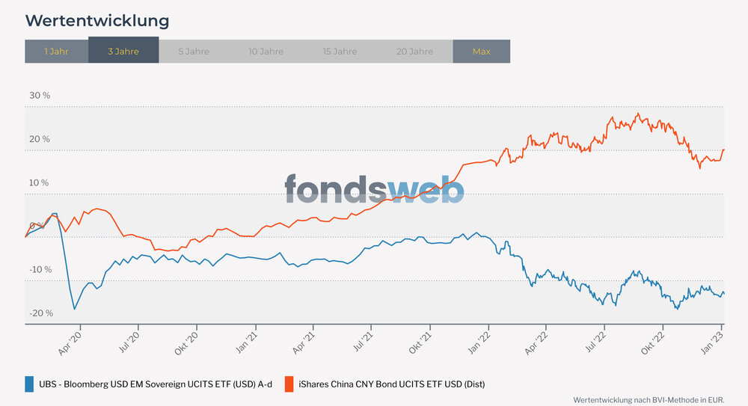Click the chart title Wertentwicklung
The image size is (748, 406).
coord(97,20)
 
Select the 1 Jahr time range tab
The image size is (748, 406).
coord(56,52)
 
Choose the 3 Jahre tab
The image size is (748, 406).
coord(123,52)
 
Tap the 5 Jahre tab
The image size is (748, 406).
coord(194,52)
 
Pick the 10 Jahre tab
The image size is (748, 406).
coord(266,52)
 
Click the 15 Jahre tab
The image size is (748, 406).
coord(340,52)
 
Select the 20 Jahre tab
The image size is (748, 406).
coord(414,52)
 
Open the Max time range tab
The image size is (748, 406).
coord(482,52)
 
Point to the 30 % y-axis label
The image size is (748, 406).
coord(40,96)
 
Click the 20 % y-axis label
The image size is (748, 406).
coord(40,139)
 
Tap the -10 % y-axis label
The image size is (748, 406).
coord(40,269)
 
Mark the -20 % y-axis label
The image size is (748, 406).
coord(40,313)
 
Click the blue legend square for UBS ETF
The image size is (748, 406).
coord(30,384)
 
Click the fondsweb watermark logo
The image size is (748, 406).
coord(374,189)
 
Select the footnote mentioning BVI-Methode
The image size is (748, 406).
coord(649,400)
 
